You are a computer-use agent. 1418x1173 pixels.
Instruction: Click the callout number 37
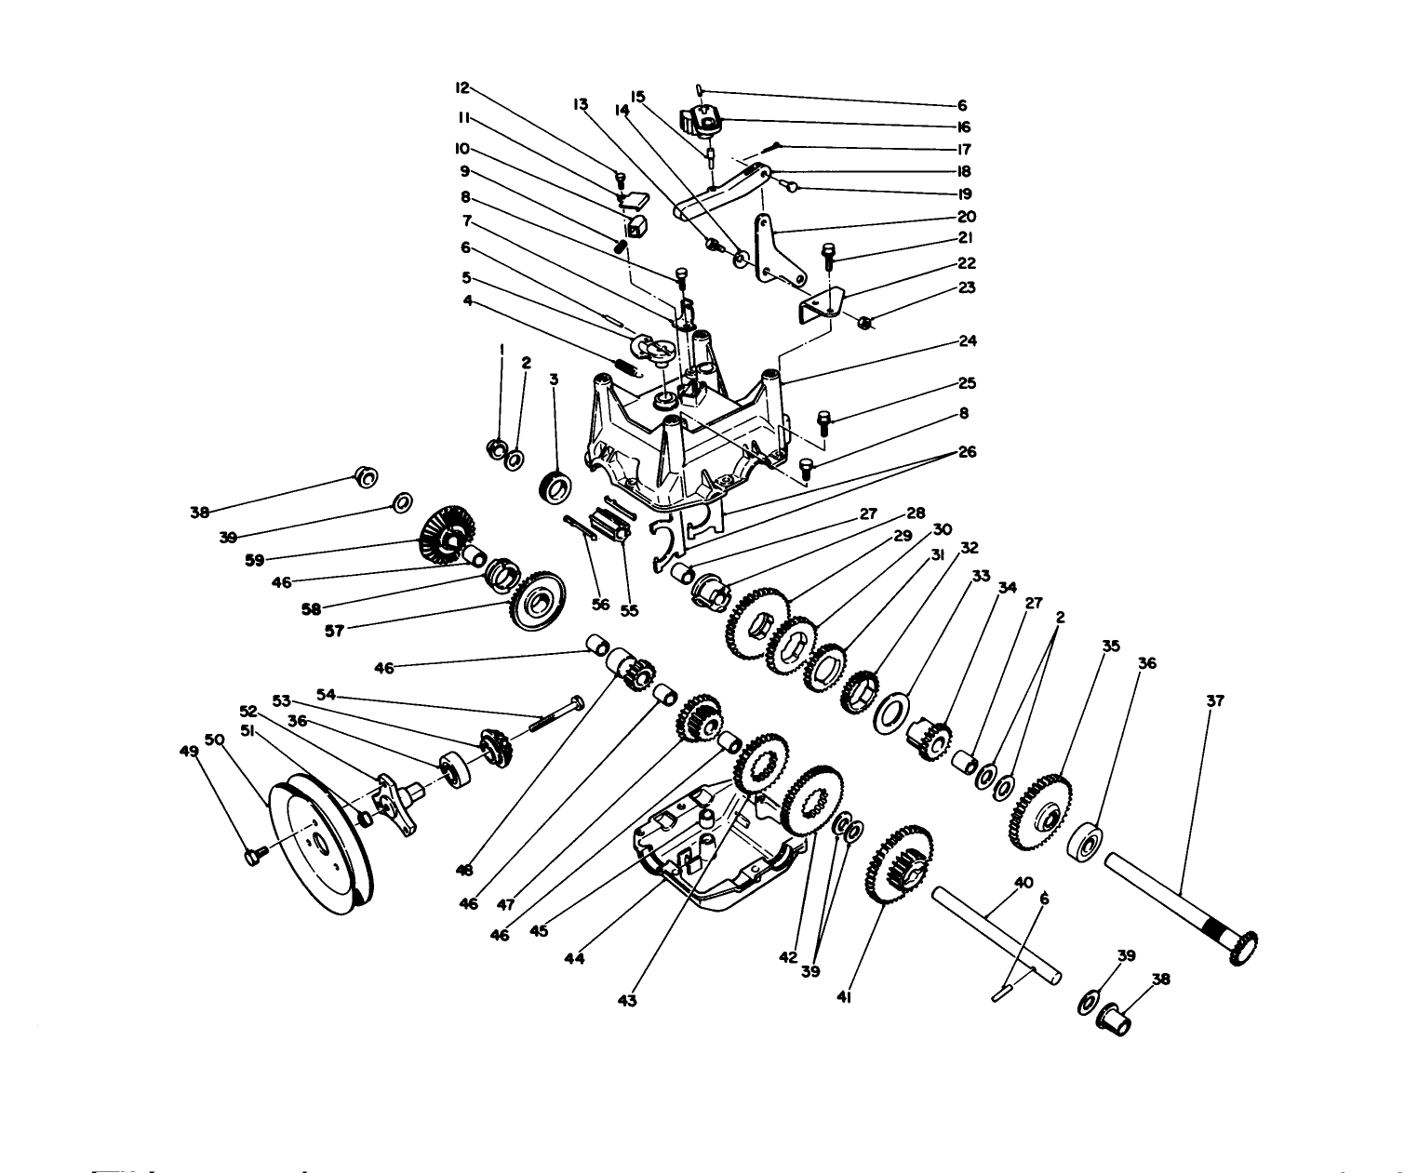[x=1215, y=701]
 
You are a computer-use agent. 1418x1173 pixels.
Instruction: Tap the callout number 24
[x=968, y=341]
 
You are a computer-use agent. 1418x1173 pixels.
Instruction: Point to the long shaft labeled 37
[x=1176, y=900]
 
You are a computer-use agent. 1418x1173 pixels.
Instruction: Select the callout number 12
[x=462, y=88]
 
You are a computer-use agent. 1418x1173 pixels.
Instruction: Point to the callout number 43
[x=627, y=1000]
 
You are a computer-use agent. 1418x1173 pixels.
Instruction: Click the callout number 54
[x=326, y=694]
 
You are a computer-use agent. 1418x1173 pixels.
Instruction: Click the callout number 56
[x=601, y=605]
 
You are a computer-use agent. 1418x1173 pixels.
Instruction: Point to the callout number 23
[x=968, y=288]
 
